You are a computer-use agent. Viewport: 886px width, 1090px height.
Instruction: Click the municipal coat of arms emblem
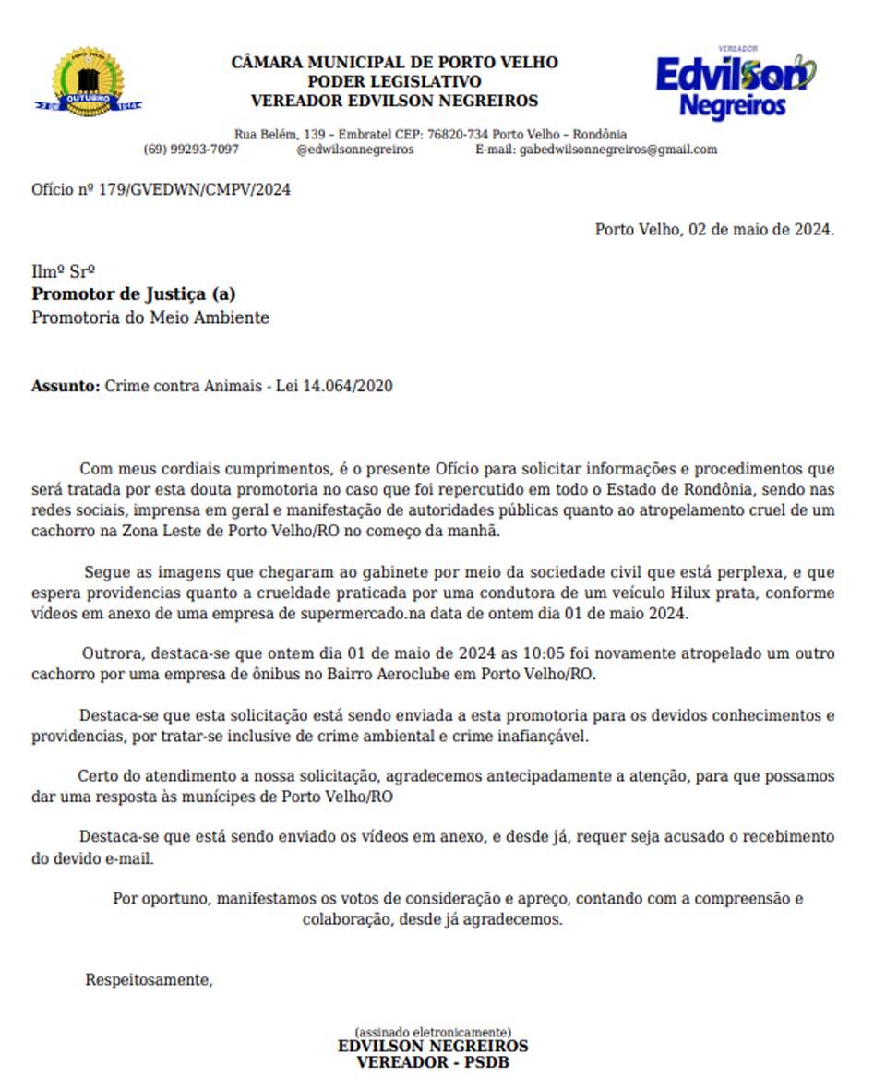click(x=89, y=82)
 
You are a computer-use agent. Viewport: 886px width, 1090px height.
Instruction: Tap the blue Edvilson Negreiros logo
click(x=735, y=82)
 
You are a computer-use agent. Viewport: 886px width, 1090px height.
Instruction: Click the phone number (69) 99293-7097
click(x=191, y=150)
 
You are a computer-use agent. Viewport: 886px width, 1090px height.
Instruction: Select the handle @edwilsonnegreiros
click(x=355, y=150)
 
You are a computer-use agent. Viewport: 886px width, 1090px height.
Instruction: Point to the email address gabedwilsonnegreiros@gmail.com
click(x=618, y=150)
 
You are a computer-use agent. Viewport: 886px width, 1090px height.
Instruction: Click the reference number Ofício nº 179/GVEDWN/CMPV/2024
click(x=162, y=190)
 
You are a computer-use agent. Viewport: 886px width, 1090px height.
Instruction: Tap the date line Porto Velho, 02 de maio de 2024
click(x=714, y=229)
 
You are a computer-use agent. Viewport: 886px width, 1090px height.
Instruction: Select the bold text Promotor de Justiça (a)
click(x=134, y=294)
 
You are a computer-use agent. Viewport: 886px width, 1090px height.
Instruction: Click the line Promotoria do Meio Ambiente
click(x=150, y=317)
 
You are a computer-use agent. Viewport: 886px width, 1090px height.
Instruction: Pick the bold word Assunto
click(x=66, y=386)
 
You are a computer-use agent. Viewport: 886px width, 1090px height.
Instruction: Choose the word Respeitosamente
click(x=149, y=980)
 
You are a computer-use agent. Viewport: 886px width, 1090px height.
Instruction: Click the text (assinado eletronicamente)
click(x=433, y=1032)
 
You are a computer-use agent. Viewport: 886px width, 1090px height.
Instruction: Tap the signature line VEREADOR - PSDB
click(x=433, y=1062)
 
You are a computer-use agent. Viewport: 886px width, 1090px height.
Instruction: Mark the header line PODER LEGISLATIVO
click(x=394, y=82)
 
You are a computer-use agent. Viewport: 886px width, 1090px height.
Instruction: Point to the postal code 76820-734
click(x=459, y=134)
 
